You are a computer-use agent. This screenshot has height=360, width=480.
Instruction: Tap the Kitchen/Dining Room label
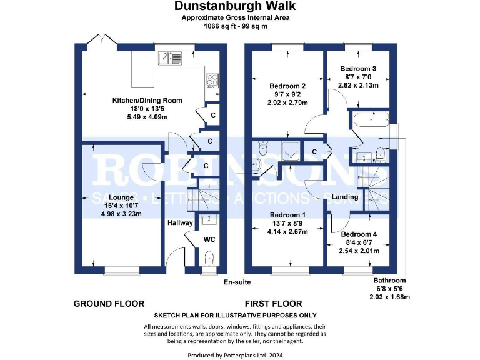point(147,100)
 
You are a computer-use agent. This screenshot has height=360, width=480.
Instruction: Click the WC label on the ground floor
point(209,239)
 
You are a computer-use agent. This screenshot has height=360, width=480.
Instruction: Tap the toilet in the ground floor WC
point(209,258)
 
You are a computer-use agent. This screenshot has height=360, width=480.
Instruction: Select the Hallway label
point(180,222)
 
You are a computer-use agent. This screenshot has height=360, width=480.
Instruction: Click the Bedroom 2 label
point(287,86)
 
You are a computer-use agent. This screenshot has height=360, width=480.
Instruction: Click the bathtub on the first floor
point(371,119)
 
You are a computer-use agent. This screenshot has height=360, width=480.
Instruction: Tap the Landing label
point(345,197)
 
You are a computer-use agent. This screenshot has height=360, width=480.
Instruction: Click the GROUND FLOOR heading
point(109,304)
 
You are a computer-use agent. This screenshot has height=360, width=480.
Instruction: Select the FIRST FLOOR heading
point(273,304)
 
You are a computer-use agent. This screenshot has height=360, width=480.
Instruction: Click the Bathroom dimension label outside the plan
point(390,281)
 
